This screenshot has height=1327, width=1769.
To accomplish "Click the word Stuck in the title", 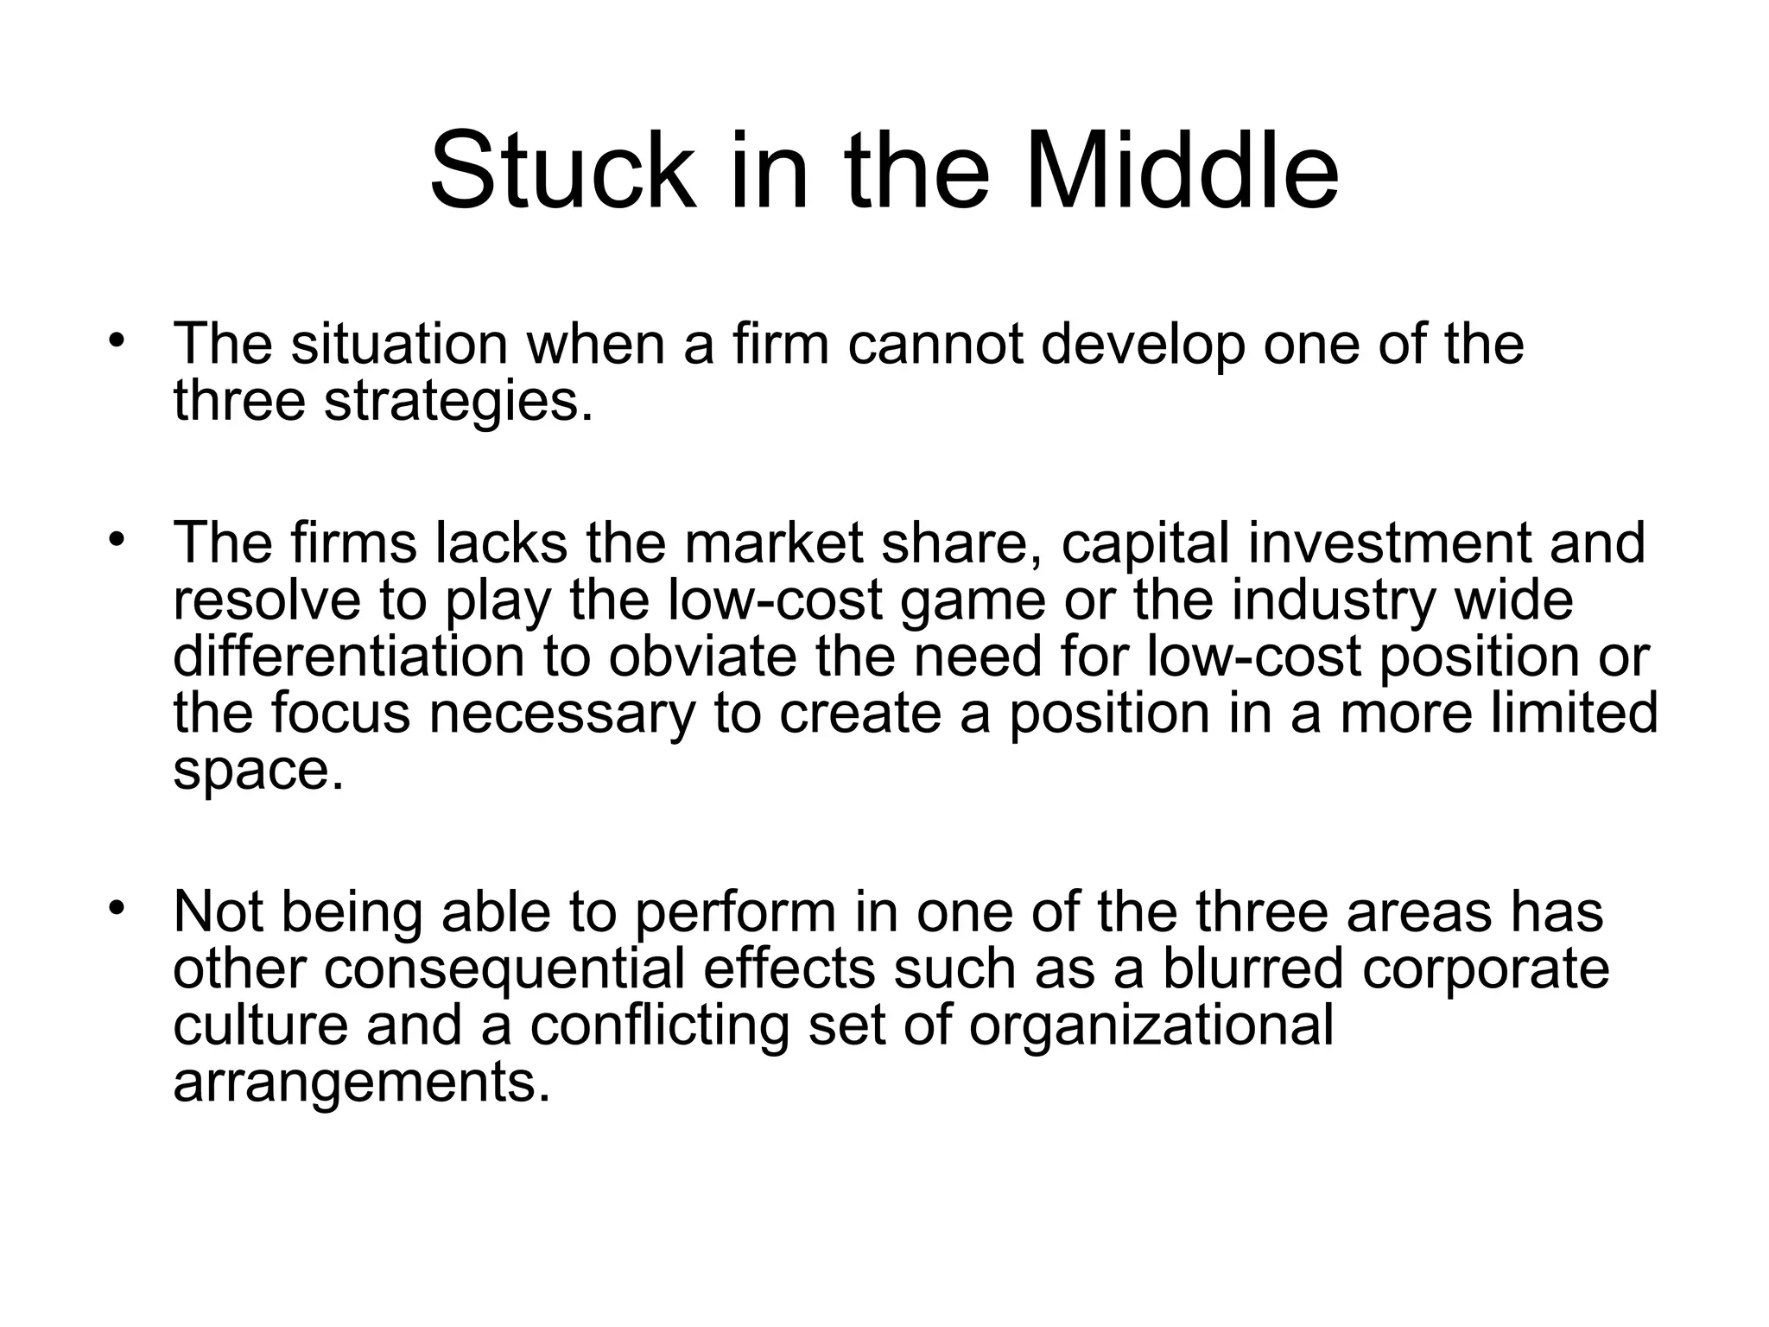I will point(561,170).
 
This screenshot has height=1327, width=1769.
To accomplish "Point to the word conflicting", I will point(660,1026).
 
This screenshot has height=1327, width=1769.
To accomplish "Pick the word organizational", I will point(1151,1026).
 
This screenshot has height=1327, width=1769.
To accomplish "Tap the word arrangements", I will point(361,1083).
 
